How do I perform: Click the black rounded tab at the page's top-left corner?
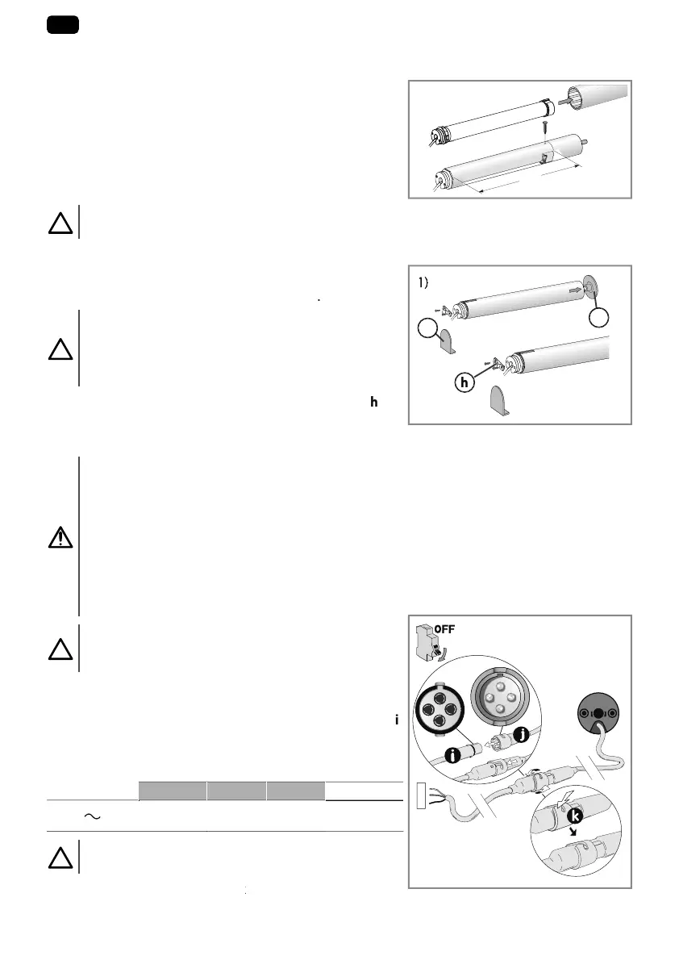(x=63, y=25)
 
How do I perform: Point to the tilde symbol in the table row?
(x=94, y=816)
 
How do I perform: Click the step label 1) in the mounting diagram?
(x=428, y=283)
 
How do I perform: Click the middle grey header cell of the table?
(x=236, y=791)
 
